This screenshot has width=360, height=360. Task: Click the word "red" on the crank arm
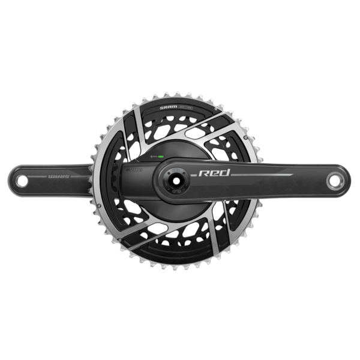coord(211,175)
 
